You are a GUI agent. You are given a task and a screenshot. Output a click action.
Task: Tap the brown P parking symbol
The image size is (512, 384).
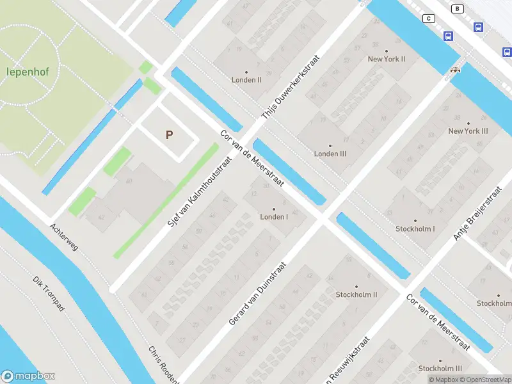click(x=169, y=135)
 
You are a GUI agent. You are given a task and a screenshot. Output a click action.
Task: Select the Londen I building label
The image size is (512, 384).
click(x=274, y=216)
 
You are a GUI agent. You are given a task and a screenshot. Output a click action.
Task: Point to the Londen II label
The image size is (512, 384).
click(x=246, y=79)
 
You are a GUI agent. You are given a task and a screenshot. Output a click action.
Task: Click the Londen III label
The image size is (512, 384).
click(x=330, y=154)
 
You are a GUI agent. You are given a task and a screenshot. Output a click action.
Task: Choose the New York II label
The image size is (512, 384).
click(x=386, y=59)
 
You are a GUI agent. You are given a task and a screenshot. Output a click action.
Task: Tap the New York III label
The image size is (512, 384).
click(x=468, y=131)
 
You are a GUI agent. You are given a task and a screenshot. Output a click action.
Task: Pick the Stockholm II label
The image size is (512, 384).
click(x=356, y=294)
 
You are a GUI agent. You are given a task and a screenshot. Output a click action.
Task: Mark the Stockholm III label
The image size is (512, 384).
click(x=440, y=369)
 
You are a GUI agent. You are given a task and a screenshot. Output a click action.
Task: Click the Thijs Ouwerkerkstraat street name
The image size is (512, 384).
click(x=290, y=86)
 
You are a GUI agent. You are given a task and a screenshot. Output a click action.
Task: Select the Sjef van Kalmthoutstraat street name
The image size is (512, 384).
click(x=198, y=193)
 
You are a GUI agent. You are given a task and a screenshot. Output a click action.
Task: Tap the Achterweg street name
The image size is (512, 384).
click(x=64, y=237)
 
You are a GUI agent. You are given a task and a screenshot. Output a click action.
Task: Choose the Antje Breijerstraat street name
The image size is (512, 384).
click(x=477, y=213)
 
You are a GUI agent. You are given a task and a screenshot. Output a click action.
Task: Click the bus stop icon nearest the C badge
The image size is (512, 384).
click(x=449, y=36)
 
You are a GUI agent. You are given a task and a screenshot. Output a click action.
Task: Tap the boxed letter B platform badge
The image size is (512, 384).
click(x=457, y=8)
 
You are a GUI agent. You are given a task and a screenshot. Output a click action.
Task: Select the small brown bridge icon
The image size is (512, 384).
click(x=455, y=70)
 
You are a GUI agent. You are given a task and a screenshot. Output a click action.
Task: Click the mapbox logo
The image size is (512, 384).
click(x=28, y=376)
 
